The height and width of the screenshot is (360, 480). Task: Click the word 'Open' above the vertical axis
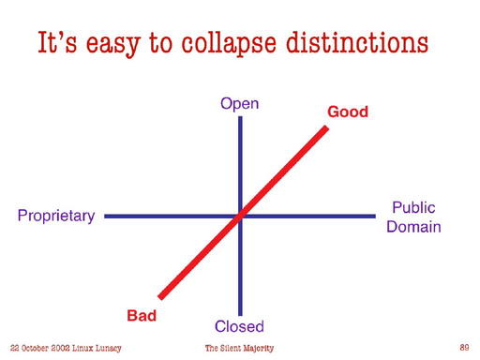click(x=239, y=103)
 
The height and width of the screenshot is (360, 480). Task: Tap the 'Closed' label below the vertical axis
click(x=239, y=326)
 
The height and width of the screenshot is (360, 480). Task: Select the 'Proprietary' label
click(x=56, y=217)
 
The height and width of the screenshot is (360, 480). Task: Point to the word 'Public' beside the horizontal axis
click(x=412, y=207)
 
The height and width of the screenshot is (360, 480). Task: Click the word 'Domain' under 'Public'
click(x=413, y=227)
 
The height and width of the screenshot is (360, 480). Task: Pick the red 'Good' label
click(x=348, y=112)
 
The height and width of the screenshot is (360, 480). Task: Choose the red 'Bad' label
click(x=142, y=316)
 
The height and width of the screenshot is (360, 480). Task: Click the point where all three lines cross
click(x=240, y=216)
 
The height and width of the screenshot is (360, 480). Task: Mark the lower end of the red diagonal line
click(x=161, y=297)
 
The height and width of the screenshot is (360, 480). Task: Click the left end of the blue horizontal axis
click(x=105, y=217)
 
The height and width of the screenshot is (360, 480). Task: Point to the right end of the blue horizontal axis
click(x=374, y=217)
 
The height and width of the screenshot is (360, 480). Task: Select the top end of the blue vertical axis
click(x=240, y=115)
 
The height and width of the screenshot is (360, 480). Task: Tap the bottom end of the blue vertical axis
click(x=240, y=315)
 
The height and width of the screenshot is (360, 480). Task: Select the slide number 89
click(x=464, y=347)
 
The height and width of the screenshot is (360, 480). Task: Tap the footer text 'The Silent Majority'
click(x=239, y=348)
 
